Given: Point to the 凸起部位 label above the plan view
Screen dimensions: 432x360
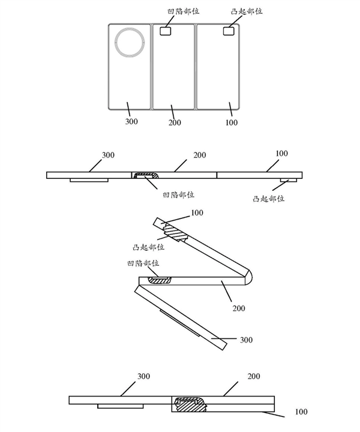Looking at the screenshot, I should (x=230, y=11).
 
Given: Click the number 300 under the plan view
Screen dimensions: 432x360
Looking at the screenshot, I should (x=132, y=122).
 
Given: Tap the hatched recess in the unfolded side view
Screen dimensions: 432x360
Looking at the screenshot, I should (x=146, y=176).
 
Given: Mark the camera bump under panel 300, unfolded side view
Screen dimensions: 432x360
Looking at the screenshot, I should (x=89, y=179).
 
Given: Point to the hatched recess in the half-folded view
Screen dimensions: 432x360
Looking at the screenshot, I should (x=160, y=279).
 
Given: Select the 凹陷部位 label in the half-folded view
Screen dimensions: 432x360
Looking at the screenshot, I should (x=142, y=263).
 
